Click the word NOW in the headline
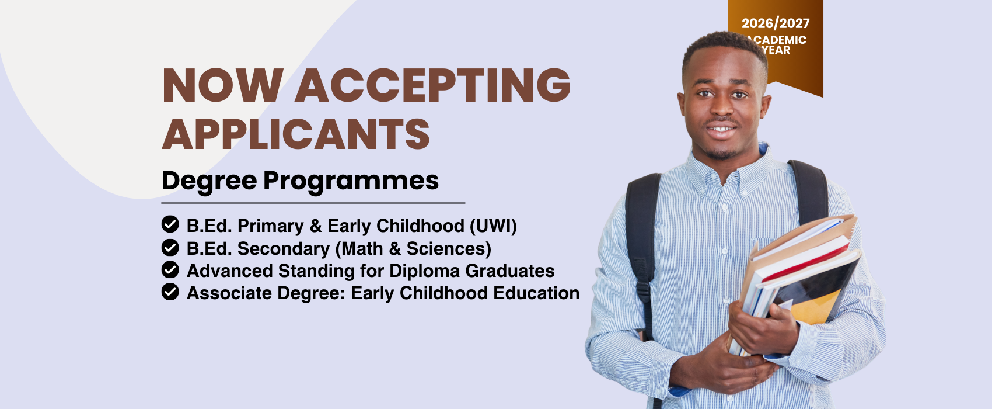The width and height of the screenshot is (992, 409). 223,86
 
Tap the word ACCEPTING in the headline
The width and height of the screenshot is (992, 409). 432,86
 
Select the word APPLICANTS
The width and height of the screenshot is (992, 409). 296,134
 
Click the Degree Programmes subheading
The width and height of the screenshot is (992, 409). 301,181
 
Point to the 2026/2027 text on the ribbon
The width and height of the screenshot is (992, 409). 776,23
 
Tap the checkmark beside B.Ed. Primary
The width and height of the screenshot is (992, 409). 170,224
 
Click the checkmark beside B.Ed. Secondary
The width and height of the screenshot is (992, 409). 170,248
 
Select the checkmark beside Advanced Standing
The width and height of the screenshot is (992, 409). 170,270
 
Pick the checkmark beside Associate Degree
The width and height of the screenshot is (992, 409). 170,292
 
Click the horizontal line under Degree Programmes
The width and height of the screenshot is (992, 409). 313,203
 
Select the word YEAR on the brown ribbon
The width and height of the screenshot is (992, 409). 776,50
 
